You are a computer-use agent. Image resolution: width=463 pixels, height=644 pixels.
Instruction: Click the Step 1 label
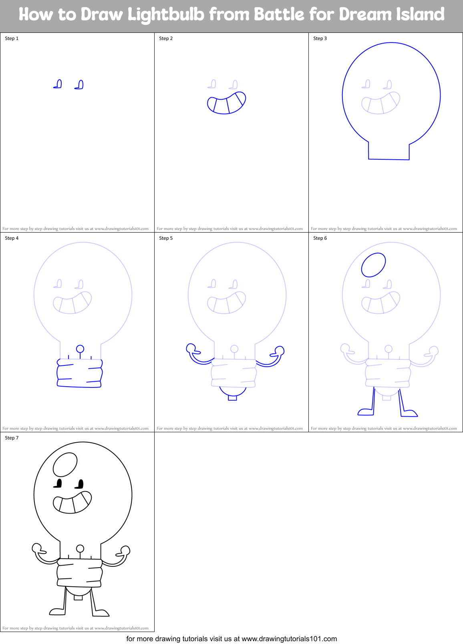[x=12, y=38]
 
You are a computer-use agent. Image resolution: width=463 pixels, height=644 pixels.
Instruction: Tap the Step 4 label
[x=12, y=238]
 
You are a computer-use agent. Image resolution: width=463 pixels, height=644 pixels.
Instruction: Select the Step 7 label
[x=12, y=438]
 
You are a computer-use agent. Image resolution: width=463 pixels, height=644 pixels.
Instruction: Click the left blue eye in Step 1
[x=58, y=84]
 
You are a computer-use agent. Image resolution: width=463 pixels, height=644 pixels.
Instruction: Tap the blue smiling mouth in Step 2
[x=226, y=103]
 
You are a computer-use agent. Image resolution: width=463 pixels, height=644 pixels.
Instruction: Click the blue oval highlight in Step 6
[x=373, y=265]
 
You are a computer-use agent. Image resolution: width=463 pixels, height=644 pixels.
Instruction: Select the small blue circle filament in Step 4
[x=80, y=349]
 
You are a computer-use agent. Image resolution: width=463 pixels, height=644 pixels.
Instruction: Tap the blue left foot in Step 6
[x=365, y=411]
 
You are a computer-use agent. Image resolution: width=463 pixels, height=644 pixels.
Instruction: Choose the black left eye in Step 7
[x=58, y=484]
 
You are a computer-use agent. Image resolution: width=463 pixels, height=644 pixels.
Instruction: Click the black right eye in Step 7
[x=80, y=484]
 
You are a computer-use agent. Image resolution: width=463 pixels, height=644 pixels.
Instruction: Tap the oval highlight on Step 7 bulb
[x=65, y=464]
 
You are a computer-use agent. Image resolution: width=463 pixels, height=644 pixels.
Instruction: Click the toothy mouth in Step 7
[x=72, y=503]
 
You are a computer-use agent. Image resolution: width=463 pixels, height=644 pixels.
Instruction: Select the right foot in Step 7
[x=101, y=613]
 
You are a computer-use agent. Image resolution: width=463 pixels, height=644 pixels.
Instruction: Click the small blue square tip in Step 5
[x=232, y=397]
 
